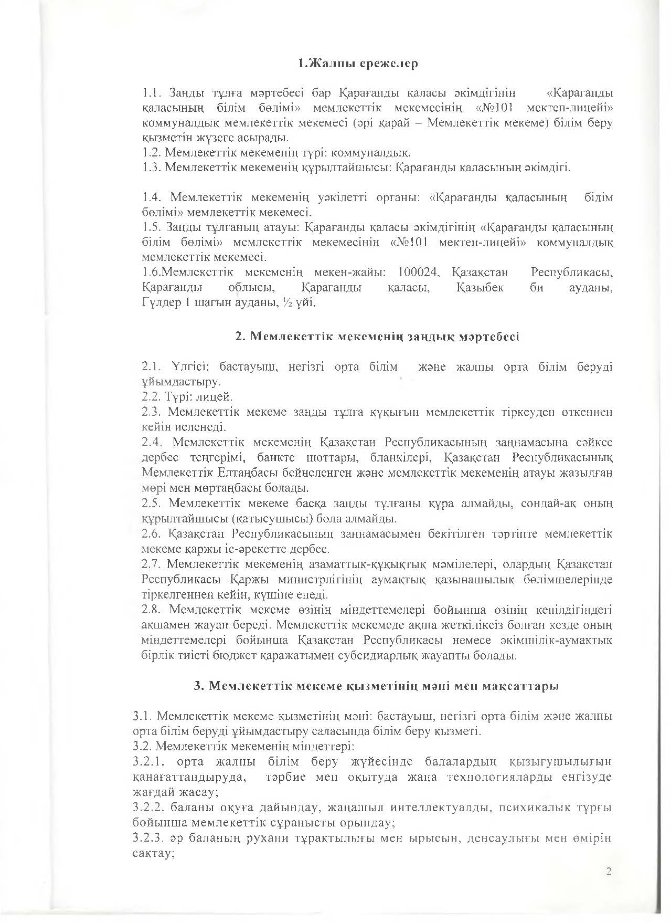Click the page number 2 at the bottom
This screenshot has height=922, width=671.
point(609,872)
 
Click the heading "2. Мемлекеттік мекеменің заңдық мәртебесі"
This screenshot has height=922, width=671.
point(377,337)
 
